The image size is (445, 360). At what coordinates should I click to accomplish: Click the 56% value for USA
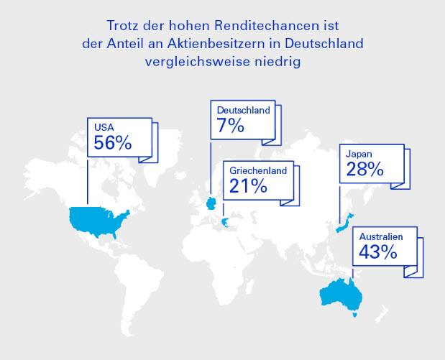click(113, 142)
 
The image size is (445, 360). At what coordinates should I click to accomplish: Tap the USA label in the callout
click(104, 127)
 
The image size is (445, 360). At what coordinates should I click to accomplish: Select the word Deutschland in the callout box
click(244, 110)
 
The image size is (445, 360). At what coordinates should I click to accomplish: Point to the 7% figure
click(230, 125)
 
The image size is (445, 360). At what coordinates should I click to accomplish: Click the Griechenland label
click(258, 170)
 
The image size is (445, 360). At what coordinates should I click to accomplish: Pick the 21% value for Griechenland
click(248, 186)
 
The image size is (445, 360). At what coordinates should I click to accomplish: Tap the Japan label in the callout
click(359, 154)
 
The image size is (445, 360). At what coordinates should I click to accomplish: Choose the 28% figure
click(365, 169)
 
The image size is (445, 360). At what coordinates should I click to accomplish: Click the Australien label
click(381, 236)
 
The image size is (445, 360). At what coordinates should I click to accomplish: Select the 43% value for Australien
click(377, 251)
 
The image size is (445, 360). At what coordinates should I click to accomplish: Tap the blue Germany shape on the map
click(211, 203)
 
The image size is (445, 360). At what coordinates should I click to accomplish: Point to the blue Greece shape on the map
click(225, 223)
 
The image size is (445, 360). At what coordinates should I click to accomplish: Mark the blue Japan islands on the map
click(344, 223)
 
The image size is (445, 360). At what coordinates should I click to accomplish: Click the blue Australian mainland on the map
click(341, 294)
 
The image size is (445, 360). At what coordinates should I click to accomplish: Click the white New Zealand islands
click(382, 314)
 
